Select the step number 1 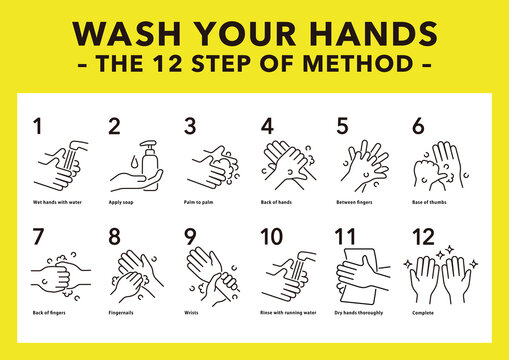point(38,127)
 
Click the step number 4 point(267,127)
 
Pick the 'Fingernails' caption point(122,314)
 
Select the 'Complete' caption point(422,314)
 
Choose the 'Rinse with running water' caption point(288,314)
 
